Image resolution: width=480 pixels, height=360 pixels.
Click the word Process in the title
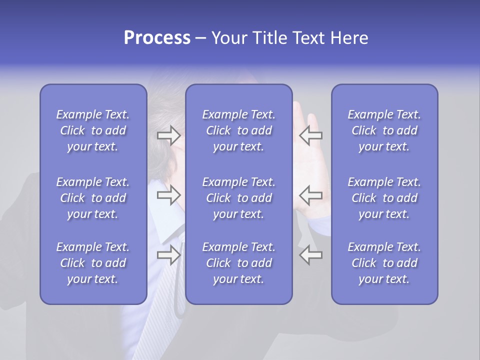coord(157,38)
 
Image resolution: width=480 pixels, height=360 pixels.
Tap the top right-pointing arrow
coord(168,135)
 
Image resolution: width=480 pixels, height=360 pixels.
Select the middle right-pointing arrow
coord(168,195)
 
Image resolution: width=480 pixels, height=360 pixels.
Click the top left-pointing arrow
coord(310,135)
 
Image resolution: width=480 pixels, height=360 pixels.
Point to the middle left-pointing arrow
coord(310,195)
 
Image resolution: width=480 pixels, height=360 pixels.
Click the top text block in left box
coord(93,130)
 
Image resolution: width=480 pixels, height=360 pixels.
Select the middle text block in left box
coord(93,198)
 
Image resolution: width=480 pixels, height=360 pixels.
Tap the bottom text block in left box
coord(93,263)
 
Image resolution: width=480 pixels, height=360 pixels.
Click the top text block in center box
coord(238,130)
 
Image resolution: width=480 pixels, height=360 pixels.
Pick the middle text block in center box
coord(238,198)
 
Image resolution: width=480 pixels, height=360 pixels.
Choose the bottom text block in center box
coord(238,263)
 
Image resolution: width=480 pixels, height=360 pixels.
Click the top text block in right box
coord(384,130)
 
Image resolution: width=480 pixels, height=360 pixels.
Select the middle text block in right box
coord(384,198)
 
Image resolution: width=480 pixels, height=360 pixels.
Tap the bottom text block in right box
coord(384,263)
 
